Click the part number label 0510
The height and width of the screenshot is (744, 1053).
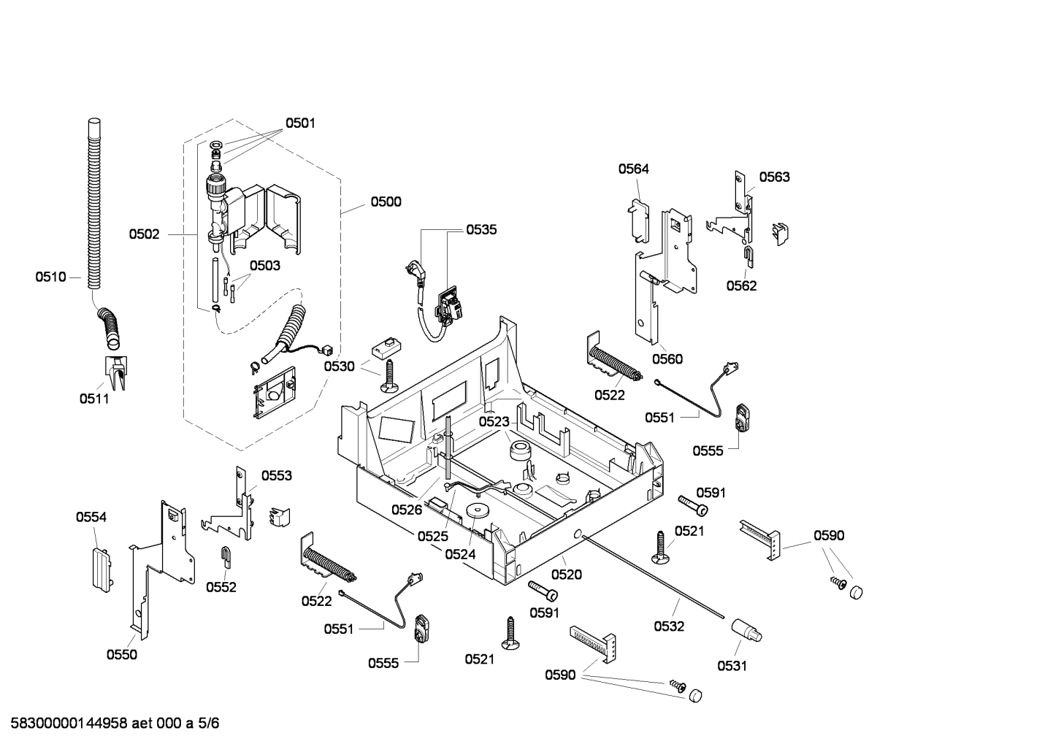(50, 277)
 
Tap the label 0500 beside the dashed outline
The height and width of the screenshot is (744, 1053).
(386, 202)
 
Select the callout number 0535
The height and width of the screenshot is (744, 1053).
(481, 229)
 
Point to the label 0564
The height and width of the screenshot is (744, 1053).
(633, 169)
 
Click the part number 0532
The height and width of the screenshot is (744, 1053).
(669, 626)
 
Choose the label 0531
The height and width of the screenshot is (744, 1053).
(732, 665)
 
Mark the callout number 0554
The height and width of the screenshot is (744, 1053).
(91, 517)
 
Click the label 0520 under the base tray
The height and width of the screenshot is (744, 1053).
(567, 575)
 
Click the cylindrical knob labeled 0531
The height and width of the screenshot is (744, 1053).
(748, 629)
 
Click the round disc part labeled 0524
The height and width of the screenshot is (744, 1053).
(479, 513)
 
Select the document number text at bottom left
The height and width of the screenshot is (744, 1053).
(110, 724)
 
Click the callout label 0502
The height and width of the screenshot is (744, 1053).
(144, 234)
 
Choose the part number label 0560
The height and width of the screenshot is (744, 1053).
(667, 358)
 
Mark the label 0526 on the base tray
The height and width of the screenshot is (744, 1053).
(406, 510)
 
